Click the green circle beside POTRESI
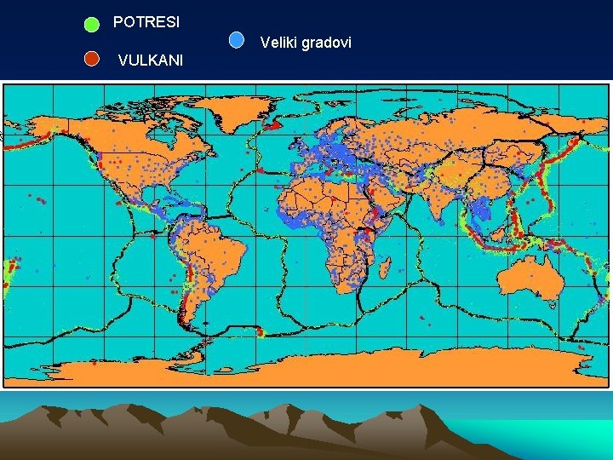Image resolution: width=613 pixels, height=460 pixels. tap(92, 24)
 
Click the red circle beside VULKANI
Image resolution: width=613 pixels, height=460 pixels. tap(92, 59)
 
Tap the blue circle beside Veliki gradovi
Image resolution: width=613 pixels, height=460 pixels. tap(238, 39)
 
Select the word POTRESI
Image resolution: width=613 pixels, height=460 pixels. tap(146, 22)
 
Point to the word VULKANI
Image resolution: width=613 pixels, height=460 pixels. tap(151, 60)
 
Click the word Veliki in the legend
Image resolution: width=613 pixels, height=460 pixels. tap(279, 42)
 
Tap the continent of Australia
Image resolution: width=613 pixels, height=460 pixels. tap(529, 280)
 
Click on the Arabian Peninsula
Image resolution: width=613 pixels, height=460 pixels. tap(392, 196)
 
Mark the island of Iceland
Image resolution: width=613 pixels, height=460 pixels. tap(273, 126)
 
